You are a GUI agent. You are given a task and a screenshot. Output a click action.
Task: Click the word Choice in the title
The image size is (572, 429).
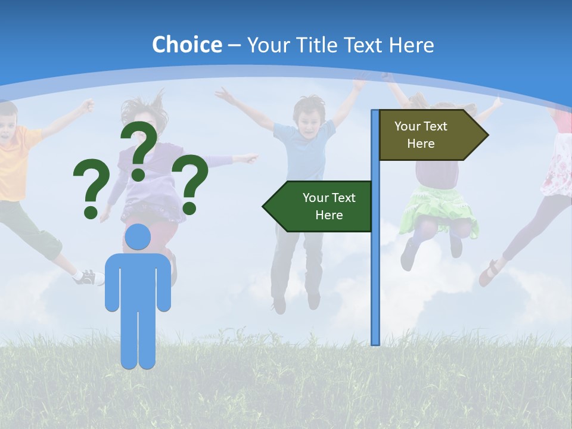click(x=186, y=45)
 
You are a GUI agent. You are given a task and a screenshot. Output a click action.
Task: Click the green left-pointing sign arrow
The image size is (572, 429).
click(x=319, y=206)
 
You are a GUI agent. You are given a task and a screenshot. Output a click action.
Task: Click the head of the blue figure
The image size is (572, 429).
click(x=138, y=237)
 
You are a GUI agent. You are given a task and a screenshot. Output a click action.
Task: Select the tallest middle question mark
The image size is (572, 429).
click(x=139, y=150)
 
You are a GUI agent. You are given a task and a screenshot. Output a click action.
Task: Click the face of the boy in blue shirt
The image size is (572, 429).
click(x=309, y=119)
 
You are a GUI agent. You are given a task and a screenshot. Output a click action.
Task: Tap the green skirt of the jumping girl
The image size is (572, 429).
click(x=438, y=212)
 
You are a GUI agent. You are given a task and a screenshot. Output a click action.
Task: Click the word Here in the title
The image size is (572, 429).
click(x=411, y=45)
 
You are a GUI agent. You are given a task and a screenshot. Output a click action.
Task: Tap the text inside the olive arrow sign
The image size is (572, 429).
click(x=421, y=135)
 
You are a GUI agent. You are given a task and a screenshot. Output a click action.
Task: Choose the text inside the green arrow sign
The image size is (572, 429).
click(x=328, y=206)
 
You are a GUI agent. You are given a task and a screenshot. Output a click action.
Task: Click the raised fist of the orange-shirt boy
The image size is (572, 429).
click(x=88, y=105)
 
